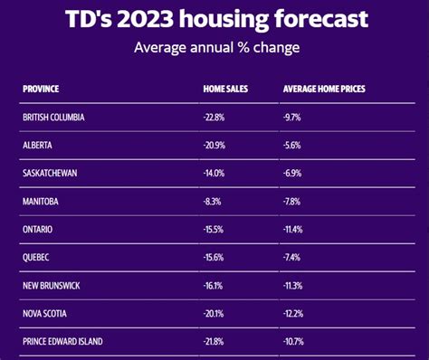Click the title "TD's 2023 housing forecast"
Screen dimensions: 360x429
point(214,20)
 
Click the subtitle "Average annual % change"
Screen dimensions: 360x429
point(214,48)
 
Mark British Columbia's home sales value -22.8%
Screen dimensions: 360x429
point(215,118)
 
